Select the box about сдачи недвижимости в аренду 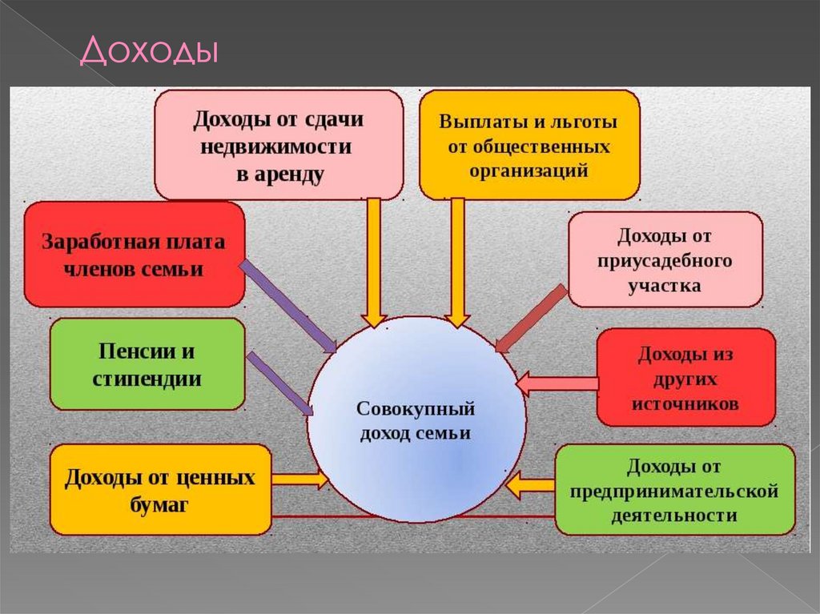[x=279, y=145]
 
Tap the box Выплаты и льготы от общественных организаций [x=529, y=145]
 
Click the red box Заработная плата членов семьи [x=134, y=255]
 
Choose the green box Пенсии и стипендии [x=147, y=364]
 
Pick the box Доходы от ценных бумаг [x=160, y=491]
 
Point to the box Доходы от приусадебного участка [x=665, y=259]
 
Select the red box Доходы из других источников [x=685, y=377]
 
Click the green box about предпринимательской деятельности [x=674, y=490]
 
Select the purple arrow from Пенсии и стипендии [x=280, y=383]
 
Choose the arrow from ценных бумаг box [x=299, y=480]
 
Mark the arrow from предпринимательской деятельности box [x=531, y=484]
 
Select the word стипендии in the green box [x=147, y=378]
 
